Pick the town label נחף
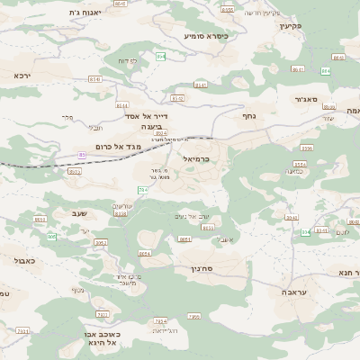tap(250, 116)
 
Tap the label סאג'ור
tap(306, 100)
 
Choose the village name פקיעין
tap(287, 26)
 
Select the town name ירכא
tap(22, 76)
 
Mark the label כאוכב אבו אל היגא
tap(97, 337)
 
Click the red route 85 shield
tap(82, 155)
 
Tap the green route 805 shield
tap(52, 237)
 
